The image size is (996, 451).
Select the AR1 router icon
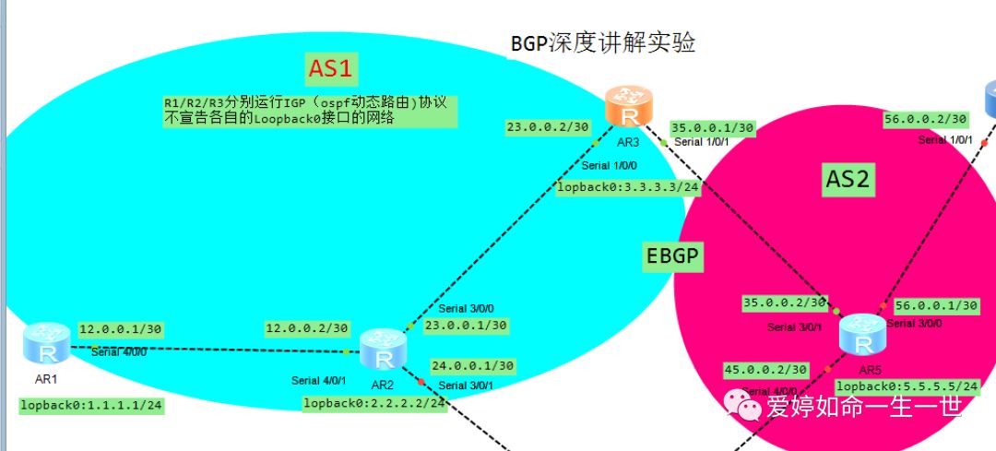tap(46, 344)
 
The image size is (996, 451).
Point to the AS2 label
tap(847, 181)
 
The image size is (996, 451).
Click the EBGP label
tap(674, 258)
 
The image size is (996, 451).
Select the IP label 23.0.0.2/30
tap(547, 128)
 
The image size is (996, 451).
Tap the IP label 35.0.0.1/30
tap(713, 127)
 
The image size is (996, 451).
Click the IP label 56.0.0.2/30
tap(925, 119)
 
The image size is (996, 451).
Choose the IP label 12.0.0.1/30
tap(121, 328)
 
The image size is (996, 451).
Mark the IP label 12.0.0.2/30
tap(307, 328)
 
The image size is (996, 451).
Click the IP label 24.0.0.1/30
tap(472, 365)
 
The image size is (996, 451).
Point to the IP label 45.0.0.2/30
tap(765, 370)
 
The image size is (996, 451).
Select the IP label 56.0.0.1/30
tap(937, 305)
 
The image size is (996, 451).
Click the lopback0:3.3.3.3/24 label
tap(628, 187)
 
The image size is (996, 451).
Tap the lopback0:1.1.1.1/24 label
tap(92, 405)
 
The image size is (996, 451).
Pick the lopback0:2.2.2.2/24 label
tap(374, 403)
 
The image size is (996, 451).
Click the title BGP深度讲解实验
tap(602, 42)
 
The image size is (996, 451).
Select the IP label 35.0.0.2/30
tap(786, 303)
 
